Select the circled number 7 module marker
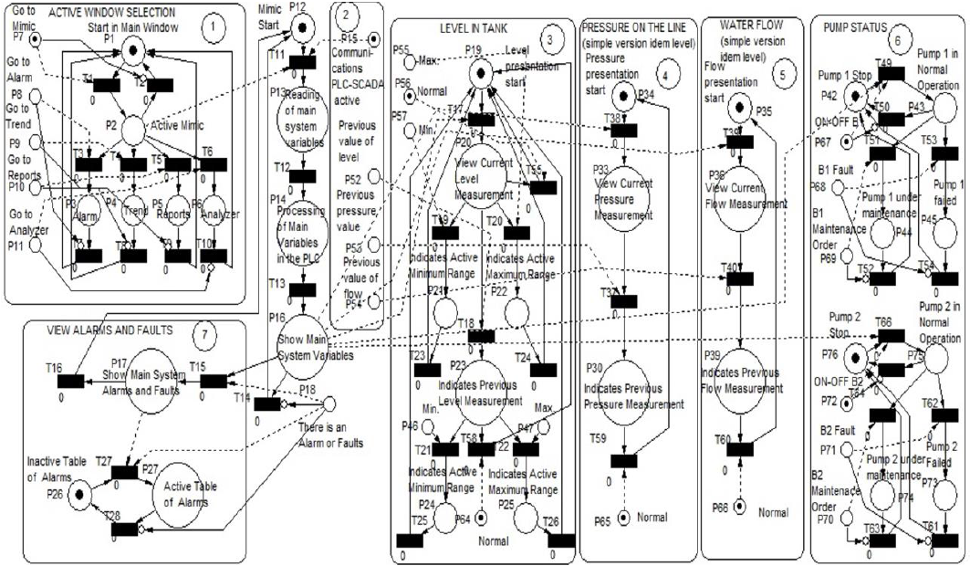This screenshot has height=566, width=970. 206,334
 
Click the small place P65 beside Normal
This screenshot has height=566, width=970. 623,518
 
